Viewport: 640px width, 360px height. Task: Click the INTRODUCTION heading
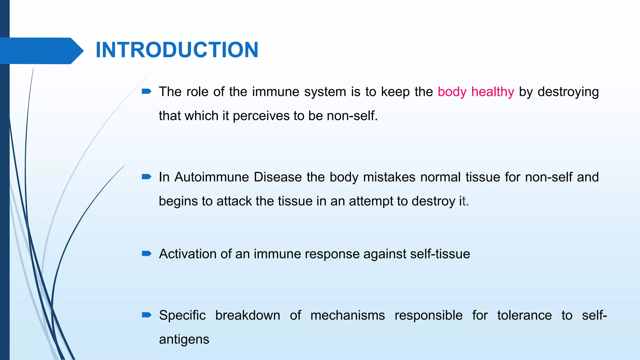(x=177, y=50)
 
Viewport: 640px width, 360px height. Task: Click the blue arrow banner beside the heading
(x=41, y=51)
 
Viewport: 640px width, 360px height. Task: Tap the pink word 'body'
(x=452, y=92)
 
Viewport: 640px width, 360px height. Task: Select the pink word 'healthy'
(x=492, y=92)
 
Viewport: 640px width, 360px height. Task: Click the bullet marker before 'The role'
(x=147, y=92)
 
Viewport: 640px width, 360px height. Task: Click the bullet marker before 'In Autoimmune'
(x=147, y=177)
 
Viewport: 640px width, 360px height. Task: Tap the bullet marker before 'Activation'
(x=147, y=253)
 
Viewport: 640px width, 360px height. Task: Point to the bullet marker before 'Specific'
(x=147, y=315)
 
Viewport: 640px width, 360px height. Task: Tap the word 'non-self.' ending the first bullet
(x=352, y=116)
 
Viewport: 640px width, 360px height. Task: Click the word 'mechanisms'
(x=347, y=315)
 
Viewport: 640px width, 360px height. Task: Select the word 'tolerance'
(x=524, y=315)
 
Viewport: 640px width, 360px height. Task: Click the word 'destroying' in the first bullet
(x=568, y=92)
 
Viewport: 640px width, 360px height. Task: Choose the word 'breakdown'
(x=247, y=315)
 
